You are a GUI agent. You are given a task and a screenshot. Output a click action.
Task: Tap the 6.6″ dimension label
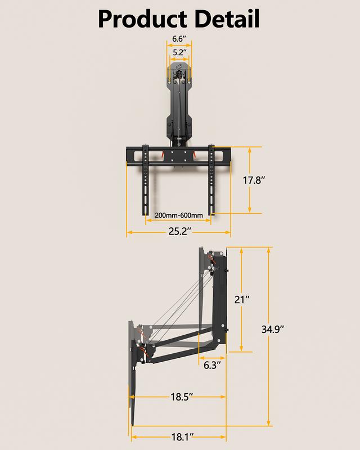pos(178,39)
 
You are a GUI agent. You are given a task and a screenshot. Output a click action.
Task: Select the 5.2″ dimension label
pos(179,52)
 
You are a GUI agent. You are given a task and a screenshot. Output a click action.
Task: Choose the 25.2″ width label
pos(179,232)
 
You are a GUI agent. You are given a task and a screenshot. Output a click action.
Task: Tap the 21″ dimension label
pos(242,300)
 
